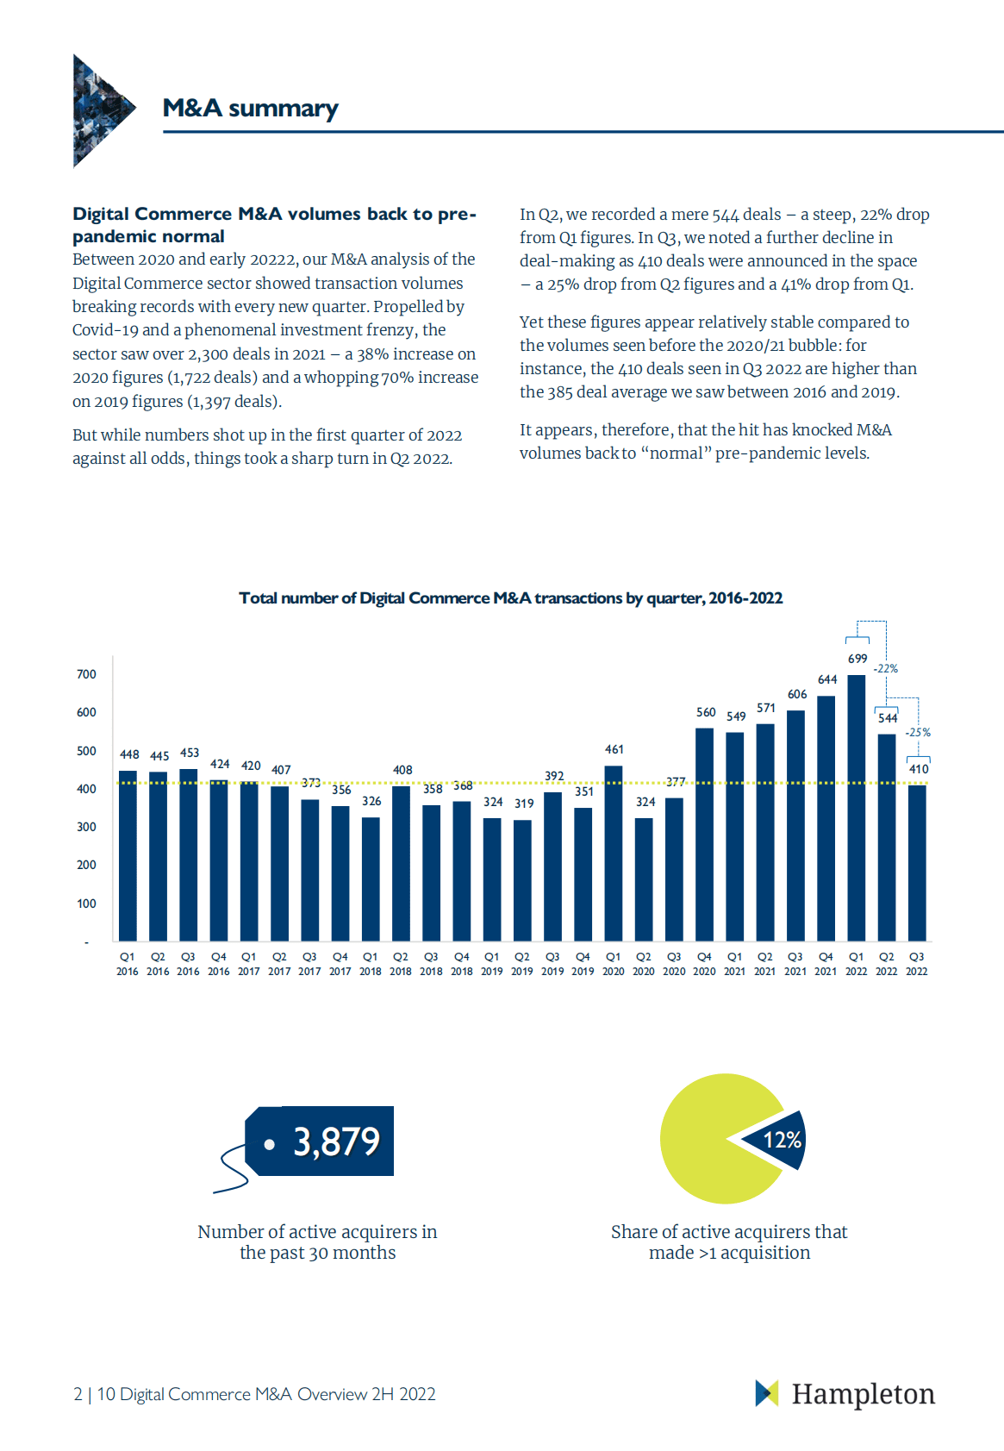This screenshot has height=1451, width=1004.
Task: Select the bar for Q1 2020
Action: [x=614, y=853]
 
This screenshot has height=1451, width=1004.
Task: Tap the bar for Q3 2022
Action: [x=917, y=862]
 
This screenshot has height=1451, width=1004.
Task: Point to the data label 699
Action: [x=857, y=659]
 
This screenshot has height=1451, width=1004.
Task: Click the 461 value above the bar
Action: [x=614, y=749]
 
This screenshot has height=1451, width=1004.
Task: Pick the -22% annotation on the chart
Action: [x=886, y=668]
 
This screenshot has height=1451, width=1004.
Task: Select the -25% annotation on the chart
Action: [x=918, y=732]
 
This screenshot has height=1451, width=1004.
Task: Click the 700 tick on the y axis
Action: [x=86, y=674]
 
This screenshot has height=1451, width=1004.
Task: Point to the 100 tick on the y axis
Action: [x=86, y=904]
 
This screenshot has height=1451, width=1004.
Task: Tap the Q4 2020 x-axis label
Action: [x=704, y=964]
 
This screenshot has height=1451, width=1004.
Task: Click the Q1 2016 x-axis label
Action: [x=128, y=964]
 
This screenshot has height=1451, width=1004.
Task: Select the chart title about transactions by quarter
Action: [x=510, y=598]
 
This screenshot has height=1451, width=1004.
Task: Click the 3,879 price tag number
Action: [x=336, y=1141]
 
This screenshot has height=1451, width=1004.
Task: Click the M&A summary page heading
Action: [x=250, y=109]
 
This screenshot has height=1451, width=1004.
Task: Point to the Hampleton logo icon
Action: [x=766, y=1393]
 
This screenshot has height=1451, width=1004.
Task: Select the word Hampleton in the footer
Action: [x=863, y=1394]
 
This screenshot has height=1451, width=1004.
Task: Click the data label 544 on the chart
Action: [x=888, y=718]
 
